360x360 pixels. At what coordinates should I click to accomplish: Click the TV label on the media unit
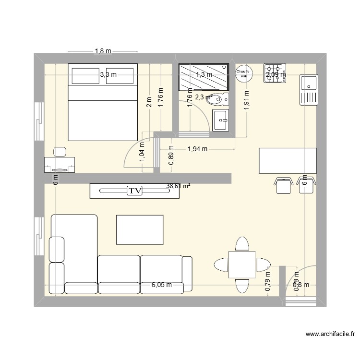[135, 191]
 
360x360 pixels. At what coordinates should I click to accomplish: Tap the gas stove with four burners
[275, 73]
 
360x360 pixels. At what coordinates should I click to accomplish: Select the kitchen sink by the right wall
[308, 90]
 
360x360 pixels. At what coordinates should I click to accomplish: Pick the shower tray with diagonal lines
[204, 77]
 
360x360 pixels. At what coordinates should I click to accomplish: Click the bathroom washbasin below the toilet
[221, 120]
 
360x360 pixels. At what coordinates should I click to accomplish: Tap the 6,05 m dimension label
[162, 285]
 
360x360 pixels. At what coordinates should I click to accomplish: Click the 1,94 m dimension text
[197, 149]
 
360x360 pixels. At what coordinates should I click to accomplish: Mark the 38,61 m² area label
[179, 186]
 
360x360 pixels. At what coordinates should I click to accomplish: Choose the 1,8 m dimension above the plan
[103, 51]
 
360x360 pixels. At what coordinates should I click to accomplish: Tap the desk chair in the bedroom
[60, 151]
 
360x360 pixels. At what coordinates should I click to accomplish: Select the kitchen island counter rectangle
[288, 161]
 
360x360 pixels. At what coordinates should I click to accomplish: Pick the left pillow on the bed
[85, 75]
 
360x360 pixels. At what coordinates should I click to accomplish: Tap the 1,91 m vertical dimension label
[247, 101]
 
